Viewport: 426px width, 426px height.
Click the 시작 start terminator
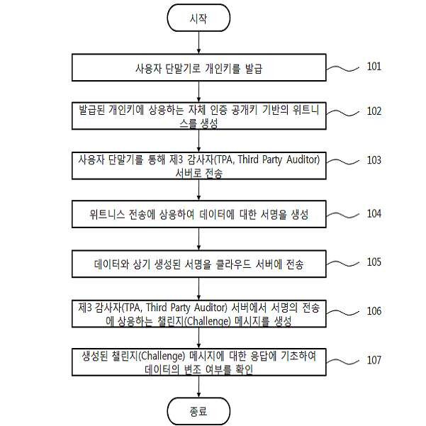coord(198,18)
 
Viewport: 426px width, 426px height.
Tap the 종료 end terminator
coord(198,411)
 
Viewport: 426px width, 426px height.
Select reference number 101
coord(374,67)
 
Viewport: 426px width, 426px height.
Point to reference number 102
coord(374,111)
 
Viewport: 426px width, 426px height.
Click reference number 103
coord(374,160)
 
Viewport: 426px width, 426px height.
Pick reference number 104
coord(374,213)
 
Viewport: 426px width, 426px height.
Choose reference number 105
coord(374,262)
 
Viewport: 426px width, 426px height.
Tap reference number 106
coord(374,311)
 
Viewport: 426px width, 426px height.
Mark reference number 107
coord(374,360)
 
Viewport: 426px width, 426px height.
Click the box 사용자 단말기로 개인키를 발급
coord(199,67)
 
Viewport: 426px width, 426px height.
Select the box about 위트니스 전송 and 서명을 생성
coord(199,214)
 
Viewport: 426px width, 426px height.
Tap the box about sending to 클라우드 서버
coord(199,264)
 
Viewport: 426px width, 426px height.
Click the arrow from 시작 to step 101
coord(198,43)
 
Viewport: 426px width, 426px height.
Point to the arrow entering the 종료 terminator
coord(198,386)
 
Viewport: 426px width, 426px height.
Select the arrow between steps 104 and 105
coord(198,239)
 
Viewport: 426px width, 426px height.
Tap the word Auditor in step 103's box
coord(302,159)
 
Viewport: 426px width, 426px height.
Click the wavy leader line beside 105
coord(343,264)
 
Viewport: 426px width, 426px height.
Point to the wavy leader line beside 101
coord(343,69)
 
